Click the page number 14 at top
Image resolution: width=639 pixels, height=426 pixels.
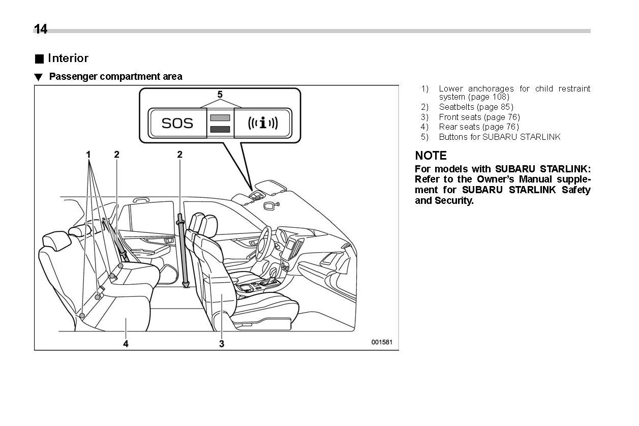[41, 29]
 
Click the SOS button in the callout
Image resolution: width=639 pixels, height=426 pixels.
[177, 123]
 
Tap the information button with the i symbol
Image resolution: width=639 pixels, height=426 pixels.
[262, 123]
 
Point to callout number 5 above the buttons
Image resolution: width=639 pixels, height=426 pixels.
[220, 95]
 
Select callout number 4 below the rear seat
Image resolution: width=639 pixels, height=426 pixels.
[126, 344]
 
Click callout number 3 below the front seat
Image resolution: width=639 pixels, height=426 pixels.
[222, 344]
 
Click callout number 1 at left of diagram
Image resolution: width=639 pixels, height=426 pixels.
[88, 154]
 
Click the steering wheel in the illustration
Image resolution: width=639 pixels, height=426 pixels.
[264, 242]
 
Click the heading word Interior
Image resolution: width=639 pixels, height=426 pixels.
[68, 58]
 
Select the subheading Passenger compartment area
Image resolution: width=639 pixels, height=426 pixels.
[115, 77]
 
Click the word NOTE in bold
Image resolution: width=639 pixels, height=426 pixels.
[431, 156]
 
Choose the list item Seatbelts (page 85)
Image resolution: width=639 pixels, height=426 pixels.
[476, 107]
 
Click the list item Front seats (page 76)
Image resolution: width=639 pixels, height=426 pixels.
[479, 117]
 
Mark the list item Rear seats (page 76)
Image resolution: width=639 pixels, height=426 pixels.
[478, 127]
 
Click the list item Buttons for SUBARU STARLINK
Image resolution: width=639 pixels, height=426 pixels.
[499, 137]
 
